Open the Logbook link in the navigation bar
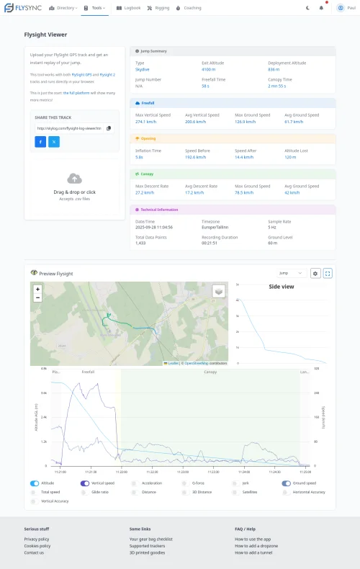[130, 8]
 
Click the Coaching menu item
[189, 8]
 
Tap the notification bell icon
[321, 8]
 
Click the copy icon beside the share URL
[109, 128]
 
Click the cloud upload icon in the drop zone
[74, 179]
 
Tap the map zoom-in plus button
[37, 289]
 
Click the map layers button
[219, 291]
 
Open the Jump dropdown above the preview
[292, 274]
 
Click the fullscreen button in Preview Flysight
[328, 274]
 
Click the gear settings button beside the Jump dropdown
[315, 274]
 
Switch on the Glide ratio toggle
[85, 492]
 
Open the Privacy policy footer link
[37, 539]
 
